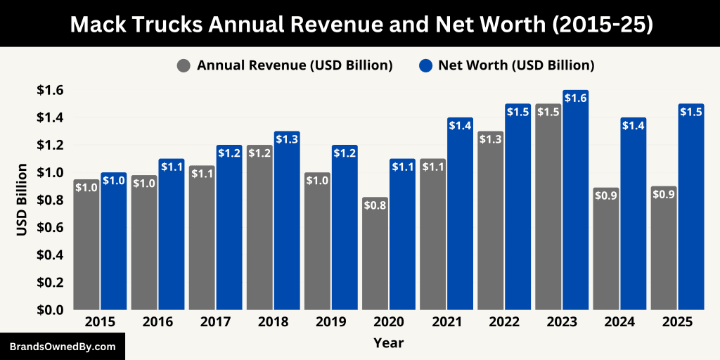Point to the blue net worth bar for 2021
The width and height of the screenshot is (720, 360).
(x=461, y=214)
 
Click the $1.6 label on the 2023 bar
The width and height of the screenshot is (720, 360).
(x=576, y=98)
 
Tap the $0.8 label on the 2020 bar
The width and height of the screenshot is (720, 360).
(x=375, y=205)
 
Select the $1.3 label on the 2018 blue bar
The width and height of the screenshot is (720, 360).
(x=287, y=139)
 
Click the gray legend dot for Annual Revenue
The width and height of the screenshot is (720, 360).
(x=184, y=65)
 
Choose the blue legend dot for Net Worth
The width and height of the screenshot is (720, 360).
(x=425, y=65)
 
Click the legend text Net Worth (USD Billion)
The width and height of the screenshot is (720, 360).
(x=516, y=65)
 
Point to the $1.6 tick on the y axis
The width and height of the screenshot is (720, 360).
(x=50, y=90)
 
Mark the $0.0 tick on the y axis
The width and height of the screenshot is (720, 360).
(x=50, y=309)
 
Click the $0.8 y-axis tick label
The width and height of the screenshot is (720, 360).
(x=50, y=200)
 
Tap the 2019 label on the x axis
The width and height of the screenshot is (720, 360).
(x=330, y=321)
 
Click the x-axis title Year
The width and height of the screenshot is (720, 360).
(x=388, y=342)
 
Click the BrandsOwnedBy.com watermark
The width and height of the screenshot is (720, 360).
(x=62, y=347)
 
